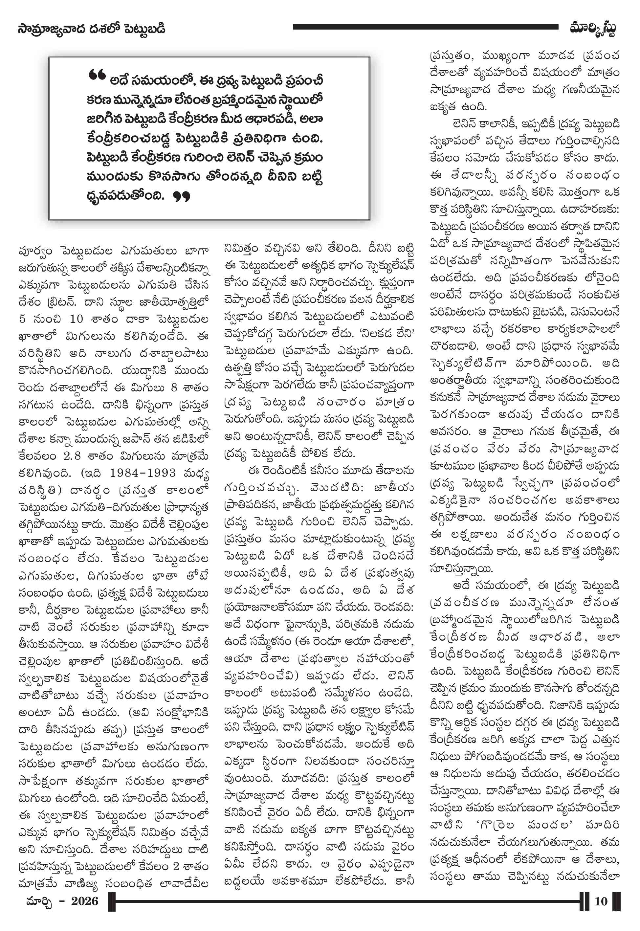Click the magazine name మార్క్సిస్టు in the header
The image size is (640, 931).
[593, 29]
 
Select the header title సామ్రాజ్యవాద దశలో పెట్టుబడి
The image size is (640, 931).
[91, 29]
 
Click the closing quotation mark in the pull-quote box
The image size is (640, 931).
[181, 196]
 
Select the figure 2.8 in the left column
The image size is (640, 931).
[72, 456]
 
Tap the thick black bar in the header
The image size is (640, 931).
[425, 27]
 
